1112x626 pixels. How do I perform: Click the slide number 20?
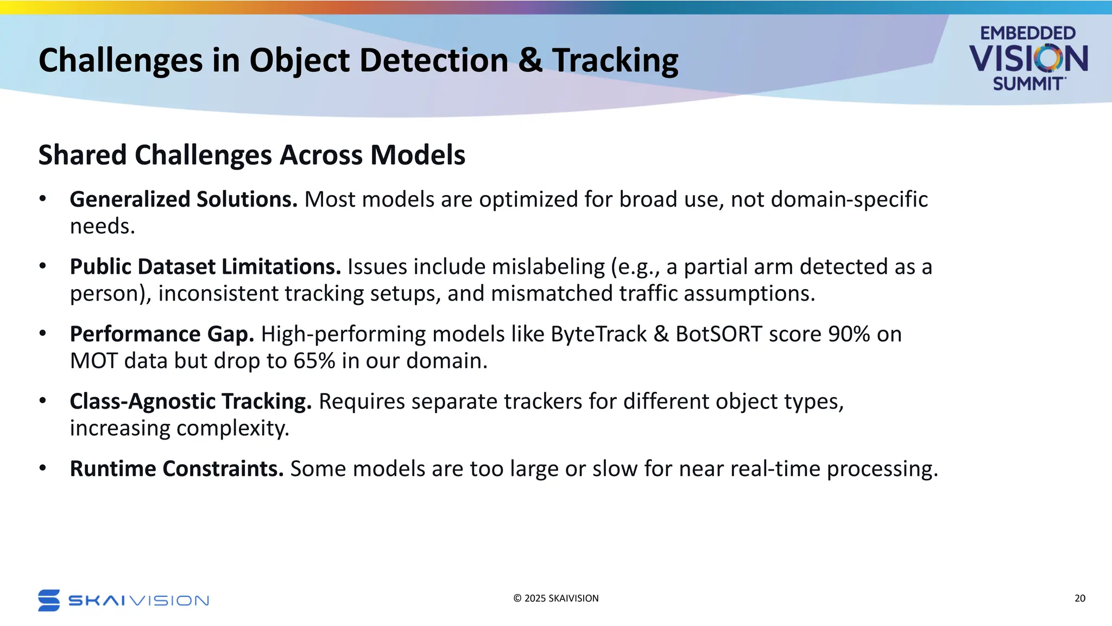click(x=1079, y=598)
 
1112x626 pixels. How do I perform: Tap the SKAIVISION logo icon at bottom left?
click(x=49, y=600)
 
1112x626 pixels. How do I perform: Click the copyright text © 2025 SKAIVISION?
click(x=555, y=598)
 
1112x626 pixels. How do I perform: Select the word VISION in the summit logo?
click(x=1028, y=59)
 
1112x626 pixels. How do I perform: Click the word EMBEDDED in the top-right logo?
click(x=1027, y=33)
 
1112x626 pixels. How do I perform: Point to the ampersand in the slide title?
click(x=530, y=60)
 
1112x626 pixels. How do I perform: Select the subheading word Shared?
click(x=83, y=155)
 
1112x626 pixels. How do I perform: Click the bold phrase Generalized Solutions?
click(x=184, y=199)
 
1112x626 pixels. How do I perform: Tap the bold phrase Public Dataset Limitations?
click(x=205, y=267)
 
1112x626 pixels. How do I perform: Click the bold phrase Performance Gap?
click(x=162, y=334)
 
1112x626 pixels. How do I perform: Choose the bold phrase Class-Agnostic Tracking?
click(x=191, y=402)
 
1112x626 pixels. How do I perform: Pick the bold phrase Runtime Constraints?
click(x=176, y=469)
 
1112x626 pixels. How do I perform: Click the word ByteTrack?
click(x=598, y=334)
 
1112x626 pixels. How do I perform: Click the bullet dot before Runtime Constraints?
click(x=43, y=468)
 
